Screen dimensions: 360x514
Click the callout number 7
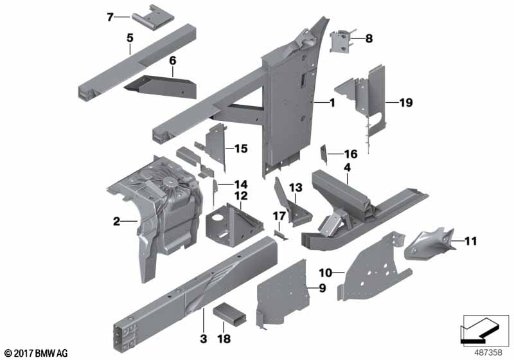coord(110,17)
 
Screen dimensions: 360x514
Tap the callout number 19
coord(405,102)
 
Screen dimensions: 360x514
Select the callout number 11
coord(472,242)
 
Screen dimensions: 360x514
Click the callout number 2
coord(116,222)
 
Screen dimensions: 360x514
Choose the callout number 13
coord(295,187)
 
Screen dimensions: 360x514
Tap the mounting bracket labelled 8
coord(342,40)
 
